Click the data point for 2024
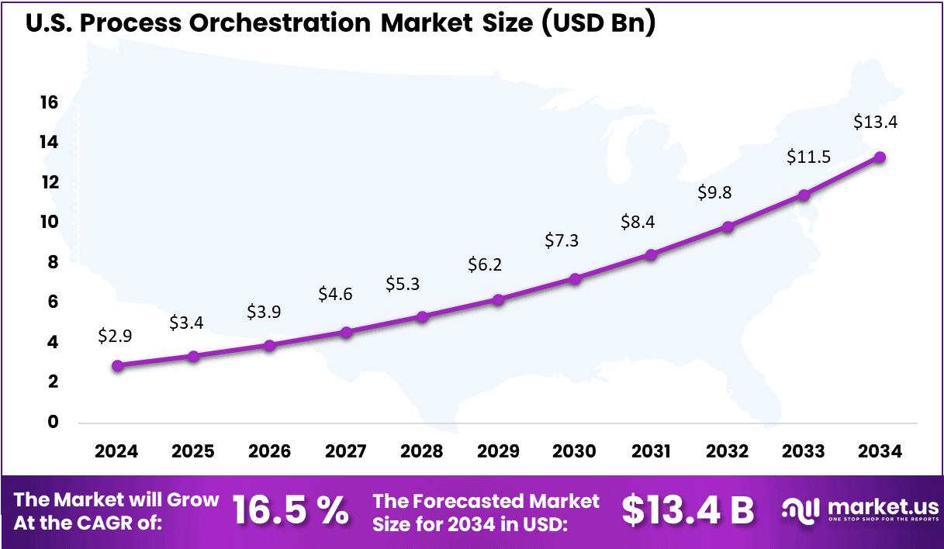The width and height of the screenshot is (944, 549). coord(117,365)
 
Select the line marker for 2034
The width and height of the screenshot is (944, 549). coord(880,157)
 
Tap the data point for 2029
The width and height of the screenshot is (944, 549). coord(499,299)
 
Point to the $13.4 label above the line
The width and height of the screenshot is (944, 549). coord(876,122)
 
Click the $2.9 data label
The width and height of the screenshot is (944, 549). coord(114,336)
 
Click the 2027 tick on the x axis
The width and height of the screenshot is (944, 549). coord(346,451)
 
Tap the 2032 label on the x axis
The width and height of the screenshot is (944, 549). coord(728,451)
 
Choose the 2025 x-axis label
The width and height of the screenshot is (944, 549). coord(193,451)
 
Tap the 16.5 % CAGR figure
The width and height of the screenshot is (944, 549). coord(291,510)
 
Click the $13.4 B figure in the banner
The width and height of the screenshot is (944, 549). coord(687,510)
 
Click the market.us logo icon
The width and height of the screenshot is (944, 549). coord(800,509)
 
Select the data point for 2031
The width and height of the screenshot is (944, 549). coord(652,254)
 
